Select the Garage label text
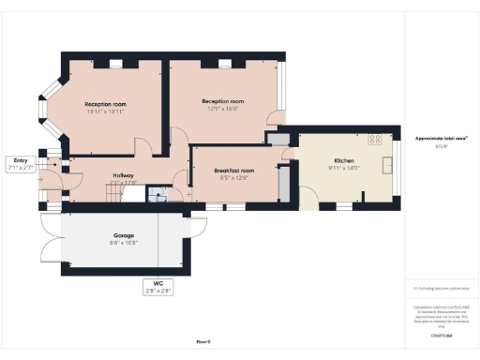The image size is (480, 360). pos(124,235)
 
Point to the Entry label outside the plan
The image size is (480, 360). pos(20,160)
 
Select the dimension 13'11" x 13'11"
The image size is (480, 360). pos(105,112)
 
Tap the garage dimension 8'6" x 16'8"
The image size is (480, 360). pos(124,243)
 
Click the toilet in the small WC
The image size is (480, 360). pos(158,196)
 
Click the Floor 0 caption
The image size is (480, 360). pos(203,342)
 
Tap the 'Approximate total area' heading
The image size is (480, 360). pos(442,139)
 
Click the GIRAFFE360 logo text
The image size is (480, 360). pos(442,334)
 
